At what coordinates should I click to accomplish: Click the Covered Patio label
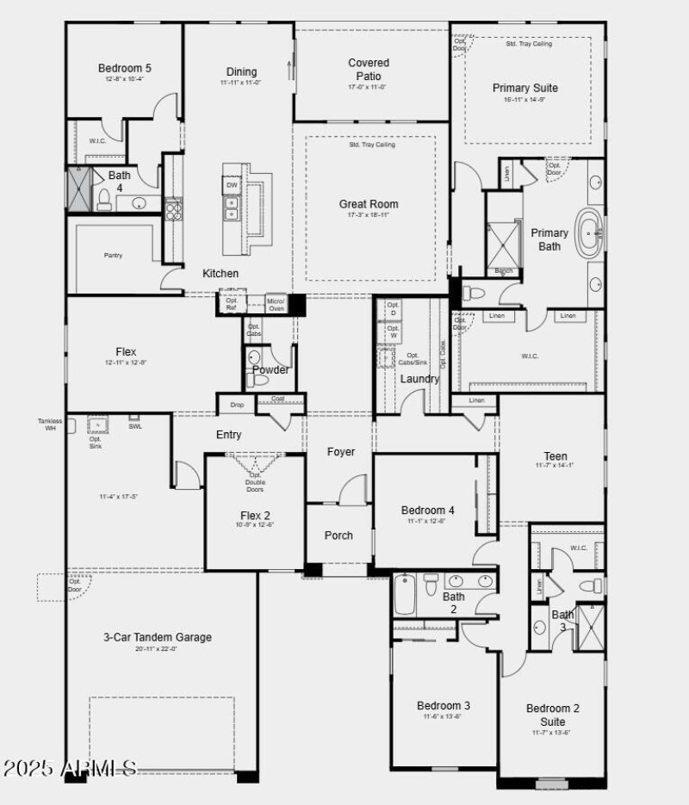(369, 69)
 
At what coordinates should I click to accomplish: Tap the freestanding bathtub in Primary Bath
(591, 232)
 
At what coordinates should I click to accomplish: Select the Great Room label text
(369, 204)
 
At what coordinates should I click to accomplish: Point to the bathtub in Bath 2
(405, 594)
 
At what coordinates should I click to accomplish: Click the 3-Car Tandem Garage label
(157, 637)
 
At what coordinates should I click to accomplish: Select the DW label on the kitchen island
(232, 185)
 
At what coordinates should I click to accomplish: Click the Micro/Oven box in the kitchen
(276, 304)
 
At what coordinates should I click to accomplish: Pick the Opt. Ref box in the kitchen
(231, 305)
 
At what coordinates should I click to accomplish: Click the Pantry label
(114, 255)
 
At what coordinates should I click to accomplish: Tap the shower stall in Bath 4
(79, 189)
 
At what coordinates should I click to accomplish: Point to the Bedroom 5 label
(124, 69)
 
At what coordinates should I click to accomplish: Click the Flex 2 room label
(255, 515)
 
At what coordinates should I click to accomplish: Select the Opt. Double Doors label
(255, 481)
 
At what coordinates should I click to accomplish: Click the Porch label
(338, 536)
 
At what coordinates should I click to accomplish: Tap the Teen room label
(556, 456)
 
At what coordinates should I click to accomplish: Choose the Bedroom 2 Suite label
(553, 715)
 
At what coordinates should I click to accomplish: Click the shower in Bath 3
(591, 626)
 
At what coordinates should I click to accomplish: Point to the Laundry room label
(420, 379)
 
